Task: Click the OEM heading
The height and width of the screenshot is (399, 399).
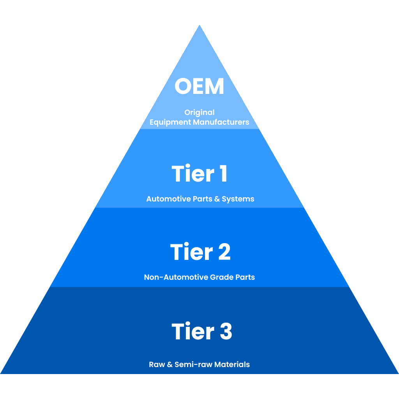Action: coord(199,87)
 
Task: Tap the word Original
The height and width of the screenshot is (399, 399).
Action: coord(199,113)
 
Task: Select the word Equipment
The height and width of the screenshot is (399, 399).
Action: coord(168,122)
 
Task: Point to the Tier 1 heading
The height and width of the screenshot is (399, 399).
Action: coord(199,174)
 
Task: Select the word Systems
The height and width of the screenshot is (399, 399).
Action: coord(238,199)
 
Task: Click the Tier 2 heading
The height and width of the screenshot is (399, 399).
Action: coord(200,252)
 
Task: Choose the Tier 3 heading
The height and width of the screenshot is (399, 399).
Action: coord(202,332)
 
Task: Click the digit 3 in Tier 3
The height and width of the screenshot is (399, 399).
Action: coord(224,332)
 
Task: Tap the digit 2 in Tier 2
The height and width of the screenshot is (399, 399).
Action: coord(222,252)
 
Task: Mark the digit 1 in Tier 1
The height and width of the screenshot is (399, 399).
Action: coord(222,174)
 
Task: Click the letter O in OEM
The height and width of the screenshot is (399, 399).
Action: coord(183,87)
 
